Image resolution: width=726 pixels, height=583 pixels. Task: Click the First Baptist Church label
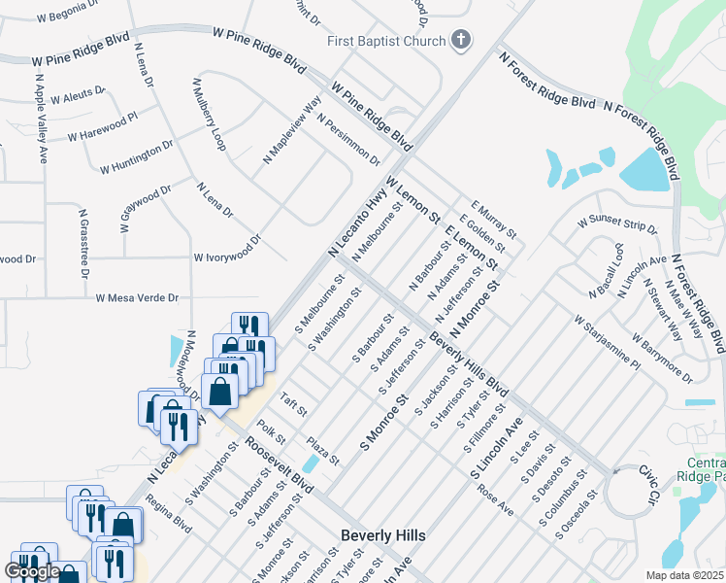click(386, 41)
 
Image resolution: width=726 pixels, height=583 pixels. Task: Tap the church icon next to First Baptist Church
click(461, 41)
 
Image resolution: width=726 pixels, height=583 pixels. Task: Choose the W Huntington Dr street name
click(136, 156)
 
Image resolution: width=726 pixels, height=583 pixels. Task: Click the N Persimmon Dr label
click(348, 139)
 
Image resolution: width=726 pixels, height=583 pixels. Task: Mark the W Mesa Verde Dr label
click(137, 297)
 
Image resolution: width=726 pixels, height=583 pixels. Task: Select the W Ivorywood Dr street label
click(228, 249)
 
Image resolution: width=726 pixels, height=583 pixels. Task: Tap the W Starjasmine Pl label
click(607, 343)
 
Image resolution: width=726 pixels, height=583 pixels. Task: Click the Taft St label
click(293, 403)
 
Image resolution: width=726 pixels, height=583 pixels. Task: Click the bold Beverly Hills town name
click(383, 535)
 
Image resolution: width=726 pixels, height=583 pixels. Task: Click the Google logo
click(32, 571)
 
